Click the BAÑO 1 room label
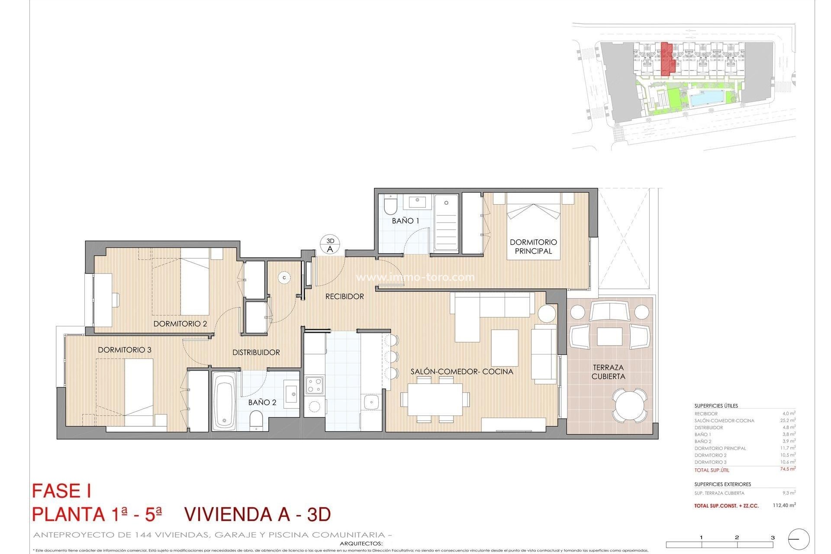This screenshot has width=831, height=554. click(406, 221)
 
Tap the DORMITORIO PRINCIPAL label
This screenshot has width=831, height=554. click(533, 247)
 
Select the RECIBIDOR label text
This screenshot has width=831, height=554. click(345, 296)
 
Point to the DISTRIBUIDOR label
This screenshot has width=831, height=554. click(256, 352)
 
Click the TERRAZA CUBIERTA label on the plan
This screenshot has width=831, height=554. click(608, 372)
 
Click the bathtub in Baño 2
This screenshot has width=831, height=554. click(224, 399)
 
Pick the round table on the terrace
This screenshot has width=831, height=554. click(630, 405)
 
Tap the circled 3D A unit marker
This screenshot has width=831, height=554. click(330, 245)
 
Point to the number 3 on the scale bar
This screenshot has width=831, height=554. click(773, 537)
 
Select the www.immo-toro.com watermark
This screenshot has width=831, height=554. click(415, 277)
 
